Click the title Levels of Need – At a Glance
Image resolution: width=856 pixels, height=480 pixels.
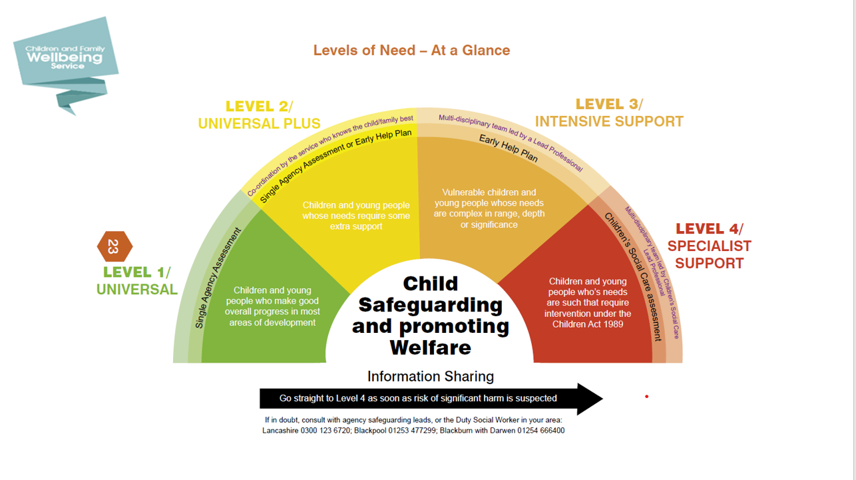[411, 51]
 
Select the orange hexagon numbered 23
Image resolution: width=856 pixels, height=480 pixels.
[114, 246]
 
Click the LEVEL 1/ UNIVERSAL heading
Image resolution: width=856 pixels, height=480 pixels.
[137, 281]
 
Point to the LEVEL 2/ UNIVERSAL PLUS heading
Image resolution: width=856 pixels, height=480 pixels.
[259, 115]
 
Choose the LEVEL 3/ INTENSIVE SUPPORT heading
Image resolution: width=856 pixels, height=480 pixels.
[609, 113]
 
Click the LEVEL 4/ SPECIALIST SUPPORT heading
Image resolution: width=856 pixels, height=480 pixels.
[710, 246]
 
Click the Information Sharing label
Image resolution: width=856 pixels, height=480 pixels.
[431, 376]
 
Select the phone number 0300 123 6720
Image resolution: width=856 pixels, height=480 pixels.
[325, 431]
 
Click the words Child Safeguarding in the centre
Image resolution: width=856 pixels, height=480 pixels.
[431, 294]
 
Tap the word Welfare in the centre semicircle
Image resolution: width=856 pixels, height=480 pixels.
[431, 348]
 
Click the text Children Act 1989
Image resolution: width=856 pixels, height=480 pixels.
[588, 324]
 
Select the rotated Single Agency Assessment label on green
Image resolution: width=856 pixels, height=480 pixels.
[218, 278]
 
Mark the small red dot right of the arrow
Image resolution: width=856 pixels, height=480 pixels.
[646, 397]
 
